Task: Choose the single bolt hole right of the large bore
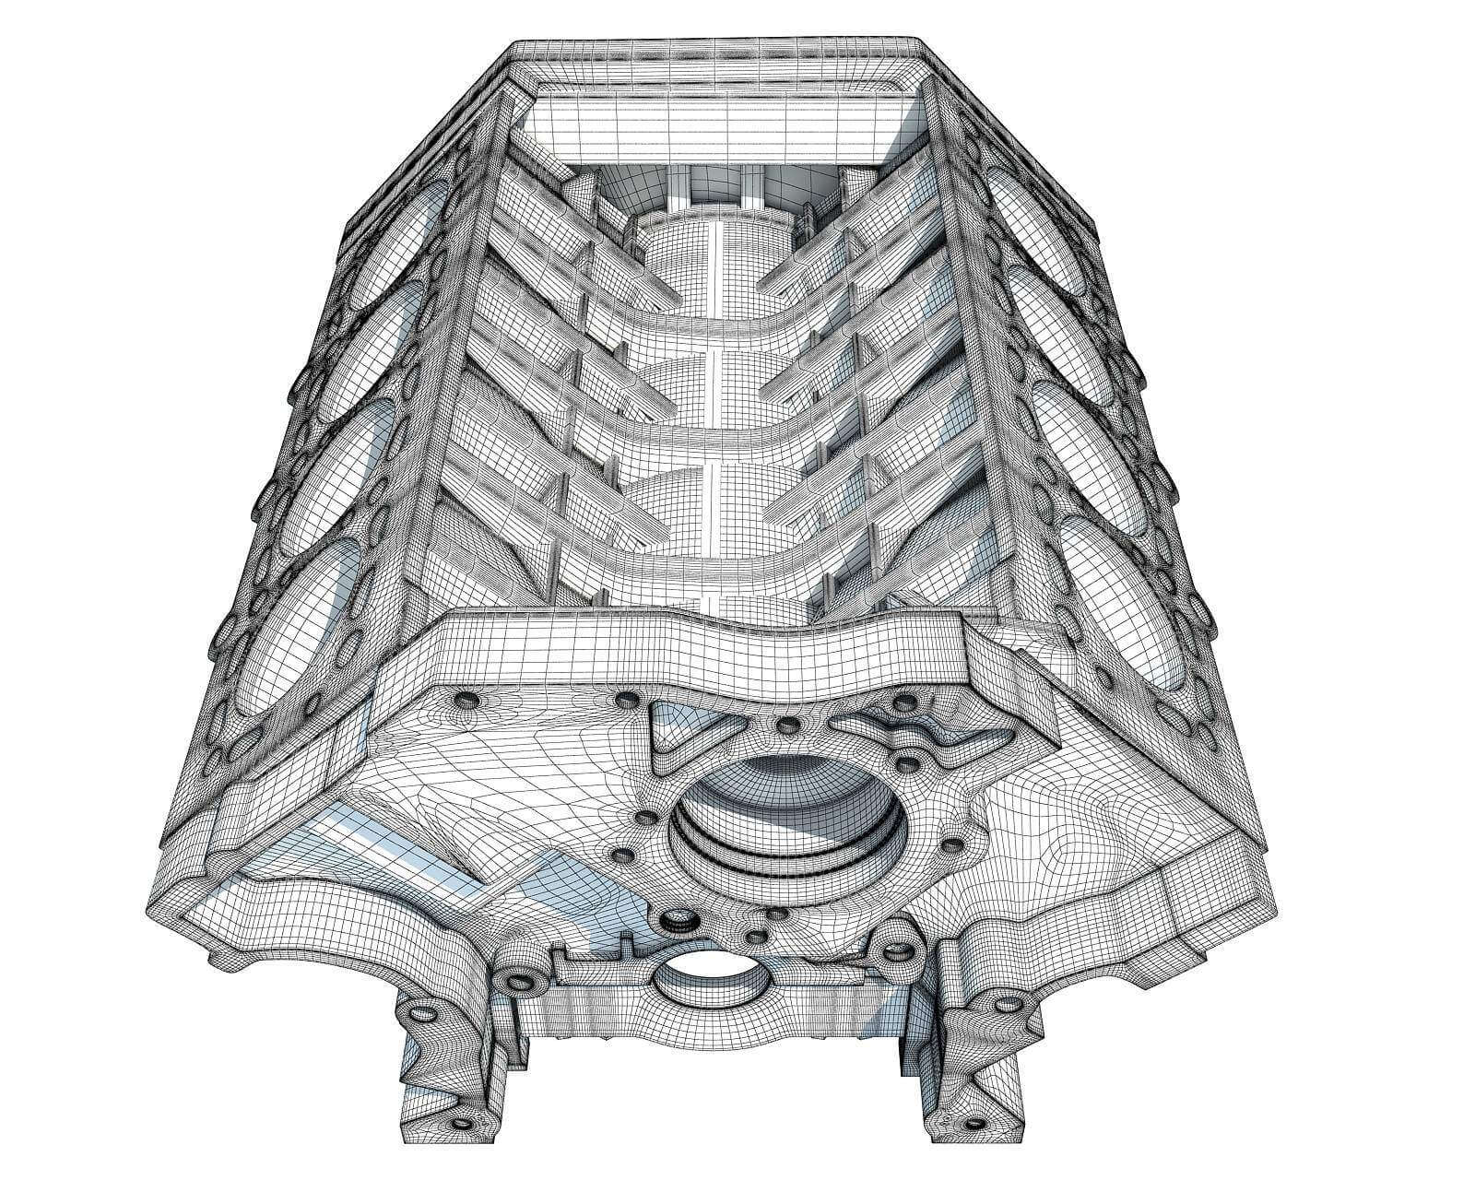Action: click(950, 844)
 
